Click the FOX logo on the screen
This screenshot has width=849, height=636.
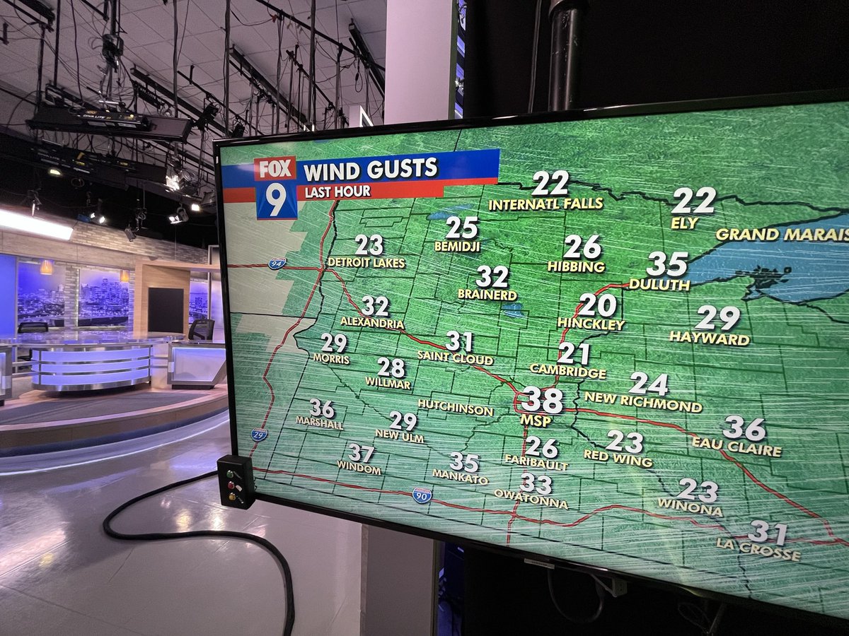(x=275, y=170)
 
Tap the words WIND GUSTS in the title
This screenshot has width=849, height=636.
(x=371, y=170)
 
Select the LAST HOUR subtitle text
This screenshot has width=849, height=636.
(x=337, y=192)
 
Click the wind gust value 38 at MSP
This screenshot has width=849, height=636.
(x=542, y=401)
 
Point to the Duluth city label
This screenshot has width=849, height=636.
(x=659, y=284)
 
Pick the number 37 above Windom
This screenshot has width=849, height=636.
(x=362, y=453)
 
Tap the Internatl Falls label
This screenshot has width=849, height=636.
(x=545, y=204)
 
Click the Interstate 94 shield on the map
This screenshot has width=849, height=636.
(x=277, y=264)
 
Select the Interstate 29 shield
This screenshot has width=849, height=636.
(x=259, y=435)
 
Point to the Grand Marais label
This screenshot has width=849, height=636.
(x=782, y=235)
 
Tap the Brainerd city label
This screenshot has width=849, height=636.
(x=487, y=294)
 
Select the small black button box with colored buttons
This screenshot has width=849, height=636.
(x=236, y=481)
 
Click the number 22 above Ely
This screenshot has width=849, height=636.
(x=693, y=201)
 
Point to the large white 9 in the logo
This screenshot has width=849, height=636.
(x=277, y=200)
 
